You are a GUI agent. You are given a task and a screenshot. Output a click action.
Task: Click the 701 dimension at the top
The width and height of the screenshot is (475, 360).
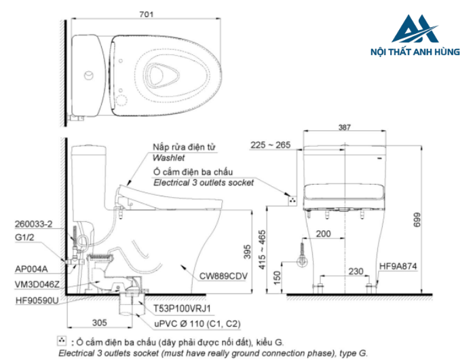coord(147,14)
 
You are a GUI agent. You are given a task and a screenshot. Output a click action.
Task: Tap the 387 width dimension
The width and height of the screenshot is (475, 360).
coord(345,128)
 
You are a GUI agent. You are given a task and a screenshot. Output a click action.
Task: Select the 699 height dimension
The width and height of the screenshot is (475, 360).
coord(417,219)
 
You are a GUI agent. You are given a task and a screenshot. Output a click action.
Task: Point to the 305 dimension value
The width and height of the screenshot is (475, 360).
coord(99,323)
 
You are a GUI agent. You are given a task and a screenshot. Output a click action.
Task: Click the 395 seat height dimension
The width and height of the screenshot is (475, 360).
coord(248,252)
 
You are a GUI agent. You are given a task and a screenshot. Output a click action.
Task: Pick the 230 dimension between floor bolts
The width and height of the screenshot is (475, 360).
coord(356,271)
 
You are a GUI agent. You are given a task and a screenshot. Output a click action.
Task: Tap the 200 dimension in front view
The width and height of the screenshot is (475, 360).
coord(323,234)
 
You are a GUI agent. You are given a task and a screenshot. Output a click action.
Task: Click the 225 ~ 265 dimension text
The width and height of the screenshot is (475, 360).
coord(271,145)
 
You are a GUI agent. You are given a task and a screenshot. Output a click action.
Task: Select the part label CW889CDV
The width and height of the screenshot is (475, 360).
coord(223,276)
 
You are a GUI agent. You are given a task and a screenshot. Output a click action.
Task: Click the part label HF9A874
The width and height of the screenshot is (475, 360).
coord(398,266)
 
